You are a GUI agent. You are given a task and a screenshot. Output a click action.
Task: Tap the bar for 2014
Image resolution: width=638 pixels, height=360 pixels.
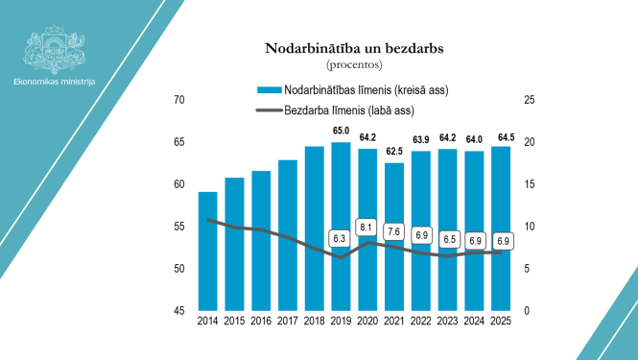coord(207,251)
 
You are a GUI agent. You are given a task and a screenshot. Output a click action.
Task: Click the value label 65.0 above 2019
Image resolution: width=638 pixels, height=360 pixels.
coord(341,131)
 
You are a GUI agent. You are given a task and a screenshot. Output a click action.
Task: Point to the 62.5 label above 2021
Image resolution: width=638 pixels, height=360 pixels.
coord(394,152)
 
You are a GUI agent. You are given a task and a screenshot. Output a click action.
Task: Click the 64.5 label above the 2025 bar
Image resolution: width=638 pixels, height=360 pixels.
coord(500,136)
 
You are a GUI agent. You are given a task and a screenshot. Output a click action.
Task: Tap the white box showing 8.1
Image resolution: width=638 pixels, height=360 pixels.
coord(366,228)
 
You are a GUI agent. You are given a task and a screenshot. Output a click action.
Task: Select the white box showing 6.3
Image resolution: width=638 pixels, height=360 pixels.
coord(340,237)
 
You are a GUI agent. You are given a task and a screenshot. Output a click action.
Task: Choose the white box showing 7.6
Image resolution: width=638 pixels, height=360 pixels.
coord(393,231)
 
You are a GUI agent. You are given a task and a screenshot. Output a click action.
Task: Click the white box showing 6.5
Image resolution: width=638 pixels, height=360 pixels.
coord(447,238)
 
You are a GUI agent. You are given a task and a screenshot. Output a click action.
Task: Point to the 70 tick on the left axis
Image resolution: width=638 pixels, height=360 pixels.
coord(178,100)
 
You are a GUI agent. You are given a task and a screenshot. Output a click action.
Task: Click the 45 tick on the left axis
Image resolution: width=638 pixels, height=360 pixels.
coord(178,311)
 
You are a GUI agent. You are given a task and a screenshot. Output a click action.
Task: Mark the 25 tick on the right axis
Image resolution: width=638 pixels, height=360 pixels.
coord(528,100)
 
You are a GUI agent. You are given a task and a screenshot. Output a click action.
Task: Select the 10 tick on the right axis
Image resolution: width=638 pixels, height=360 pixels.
coord(528,227)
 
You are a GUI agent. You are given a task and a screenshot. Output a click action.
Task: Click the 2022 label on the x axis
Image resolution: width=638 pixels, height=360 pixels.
coord(420,323)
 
